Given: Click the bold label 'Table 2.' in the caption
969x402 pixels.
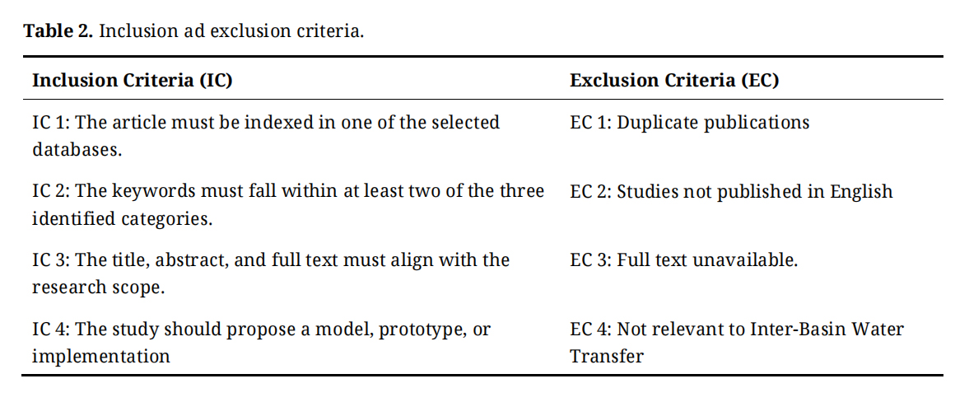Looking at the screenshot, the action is [x=58, y=31].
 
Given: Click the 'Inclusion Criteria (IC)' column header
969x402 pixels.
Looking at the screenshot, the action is [x=133, y=81].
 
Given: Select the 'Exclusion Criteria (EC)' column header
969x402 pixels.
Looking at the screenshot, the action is [x=674, y=81].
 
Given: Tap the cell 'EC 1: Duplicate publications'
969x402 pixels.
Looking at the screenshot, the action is [x=690, y=123].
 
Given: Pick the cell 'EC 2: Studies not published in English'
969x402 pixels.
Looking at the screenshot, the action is [x=731, y=192].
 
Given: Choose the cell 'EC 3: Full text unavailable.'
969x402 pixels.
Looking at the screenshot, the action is [x=684, y=260].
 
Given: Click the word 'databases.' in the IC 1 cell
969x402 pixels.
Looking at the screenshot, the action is [x=77, y=150].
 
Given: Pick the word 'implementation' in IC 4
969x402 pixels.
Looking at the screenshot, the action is [x=101, y=357].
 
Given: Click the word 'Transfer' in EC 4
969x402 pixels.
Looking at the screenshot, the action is [x=606, y=357].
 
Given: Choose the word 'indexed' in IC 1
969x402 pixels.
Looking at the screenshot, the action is [x=273, y=122].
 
